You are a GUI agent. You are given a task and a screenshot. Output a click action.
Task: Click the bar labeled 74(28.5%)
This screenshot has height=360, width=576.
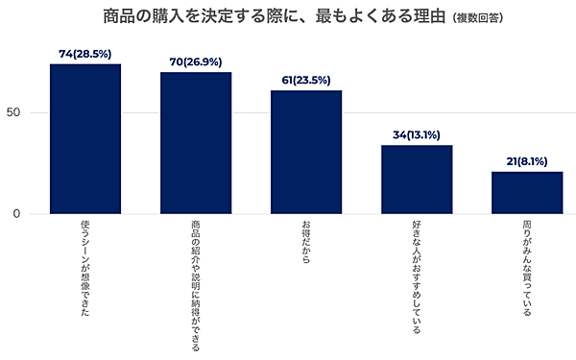pyautogui.click(x=85, y=139)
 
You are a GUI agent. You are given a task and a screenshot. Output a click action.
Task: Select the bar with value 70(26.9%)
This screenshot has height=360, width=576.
pyautogui.click(x=196, y=143)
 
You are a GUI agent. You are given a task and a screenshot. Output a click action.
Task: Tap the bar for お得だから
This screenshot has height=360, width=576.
pyautogui.click(x=306, y=152)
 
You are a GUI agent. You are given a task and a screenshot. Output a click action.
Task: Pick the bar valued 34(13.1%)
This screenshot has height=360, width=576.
pyautogui.click(x=417, y=180)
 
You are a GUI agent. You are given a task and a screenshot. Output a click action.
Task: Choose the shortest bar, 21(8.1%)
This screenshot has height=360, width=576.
pyautogui.click(x=527, y=193)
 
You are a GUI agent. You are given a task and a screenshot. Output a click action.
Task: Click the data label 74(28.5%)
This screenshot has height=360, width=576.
pyautogui.click(x=85, y=55)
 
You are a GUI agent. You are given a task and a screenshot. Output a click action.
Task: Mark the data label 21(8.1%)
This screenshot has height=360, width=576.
pyautogui.click(x=527, y=162)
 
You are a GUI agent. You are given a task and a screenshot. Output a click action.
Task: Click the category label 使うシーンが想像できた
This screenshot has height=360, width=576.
pyautogui.click(x=85, y=268)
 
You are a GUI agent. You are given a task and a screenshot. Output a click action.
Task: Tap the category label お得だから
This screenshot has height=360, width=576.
pyautogui.click(x=306, y=244)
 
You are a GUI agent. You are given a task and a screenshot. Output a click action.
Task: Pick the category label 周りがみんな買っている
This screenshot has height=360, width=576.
pyautogui.click(x=527, y=269)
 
